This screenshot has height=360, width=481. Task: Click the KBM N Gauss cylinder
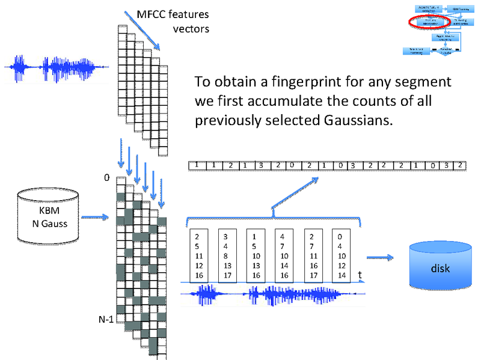point(49,216)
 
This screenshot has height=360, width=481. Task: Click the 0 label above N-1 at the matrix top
point(106,178)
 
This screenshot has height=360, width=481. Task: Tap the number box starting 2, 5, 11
point(201,255)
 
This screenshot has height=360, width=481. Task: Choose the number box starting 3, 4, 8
point(230,255)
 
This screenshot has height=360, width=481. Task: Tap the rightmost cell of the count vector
point(459,165)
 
